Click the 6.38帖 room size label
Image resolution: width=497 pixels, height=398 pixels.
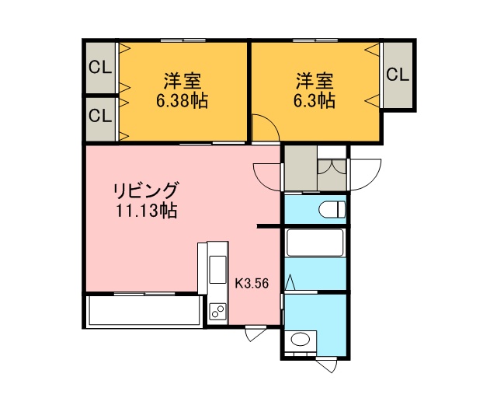coord(182,101)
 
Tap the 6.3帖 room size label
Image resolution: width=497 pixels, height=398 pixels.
coord(314,101)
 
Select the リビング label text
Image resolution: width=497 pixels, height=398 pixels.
coord(146,190)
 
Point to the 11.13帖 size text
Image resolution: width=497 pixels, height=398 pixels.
coord(147,210)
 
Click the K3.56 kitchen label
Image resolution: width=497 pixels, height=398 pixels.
coord(252,283)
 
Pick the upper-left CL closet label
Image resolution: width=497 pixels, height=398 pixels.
coord(100,68)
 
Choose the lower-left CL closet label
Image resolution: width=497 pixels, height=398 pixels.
coord(100,116)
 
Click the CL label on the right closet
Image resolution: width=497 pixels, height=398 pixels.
coord(398,75)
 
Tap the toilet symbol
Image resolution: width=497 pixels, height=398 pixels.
coord(332,209)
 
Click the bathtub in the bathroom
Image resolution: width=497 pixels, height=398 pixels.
coord(315,243)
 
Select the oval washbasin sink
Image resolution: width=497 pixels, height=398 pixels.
coord(301,339)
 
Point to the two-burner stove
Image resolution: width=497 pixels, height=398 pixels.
coord(217,311)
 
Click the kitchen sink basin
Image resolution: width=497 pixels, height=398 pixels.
coord(217,270)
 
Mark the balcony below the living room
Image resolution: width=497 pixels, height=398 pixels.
coord(144,310)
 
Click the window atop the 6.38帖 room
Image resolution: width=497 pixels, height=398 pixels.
coord(183,40)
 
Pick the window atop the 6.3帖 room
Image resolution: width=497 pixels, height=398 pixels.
coord(315,40)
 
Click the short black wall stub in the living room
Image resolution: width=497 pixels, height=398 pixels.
coord(269,226)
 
